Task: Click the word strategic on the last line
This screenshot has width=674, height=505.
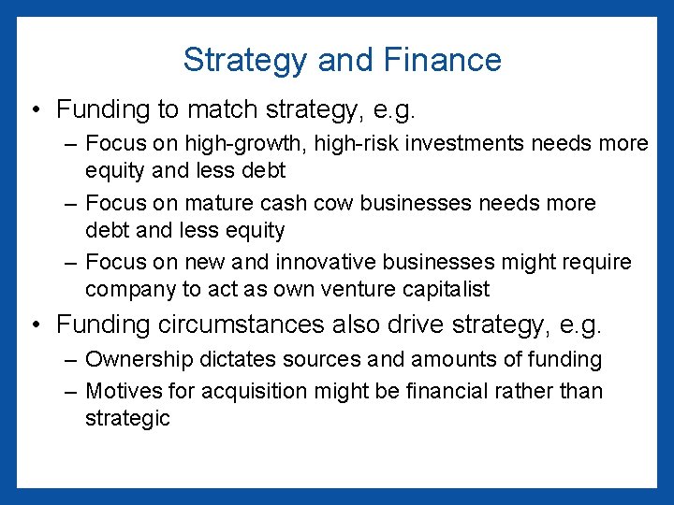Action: [x=128, y=418]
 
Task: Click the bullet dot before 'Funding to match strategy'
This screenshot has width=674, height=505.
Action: [x=34, y=111]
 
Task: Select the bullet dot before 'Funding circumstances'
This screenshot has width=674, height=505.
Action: [x=34, y=326]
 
